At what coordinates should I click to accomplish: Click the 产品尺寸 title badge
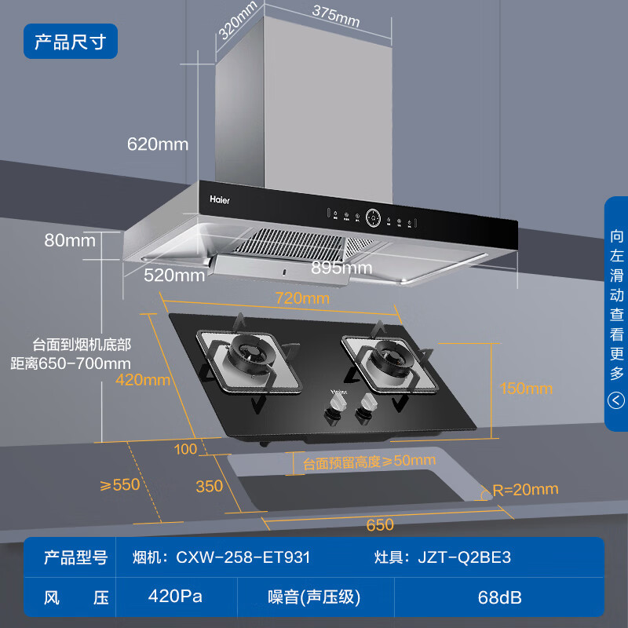(x=70, y=42)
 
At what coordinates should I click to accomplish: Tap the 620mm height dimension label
(x=158, y=144)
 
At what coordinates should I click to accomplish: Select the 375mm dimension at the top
(x=335, y=16)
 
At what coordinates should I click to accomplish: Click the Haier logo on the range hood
(x=220, y=199)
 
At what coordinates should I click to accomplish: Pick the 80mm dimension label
(x=70, y=240)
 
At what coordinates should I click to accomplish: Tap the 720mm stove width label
(x=302, y=298)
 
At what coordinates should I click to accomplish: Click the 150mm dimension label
(x=525, y=389)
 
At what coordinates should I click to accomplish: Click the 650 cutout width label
(x=380, y=524)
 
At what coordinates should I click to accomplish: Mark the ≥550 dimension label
(x=120, y=484)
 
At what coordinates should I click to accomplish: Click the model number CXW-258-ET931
(x=243, y=557)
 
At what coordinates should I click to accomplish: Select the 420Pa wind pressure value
(x=175, y=596)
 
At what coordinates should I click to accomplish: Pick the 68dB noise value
(x=499, y=597)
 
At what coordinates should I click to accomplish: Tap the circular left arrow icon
(x=616, y=401)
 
